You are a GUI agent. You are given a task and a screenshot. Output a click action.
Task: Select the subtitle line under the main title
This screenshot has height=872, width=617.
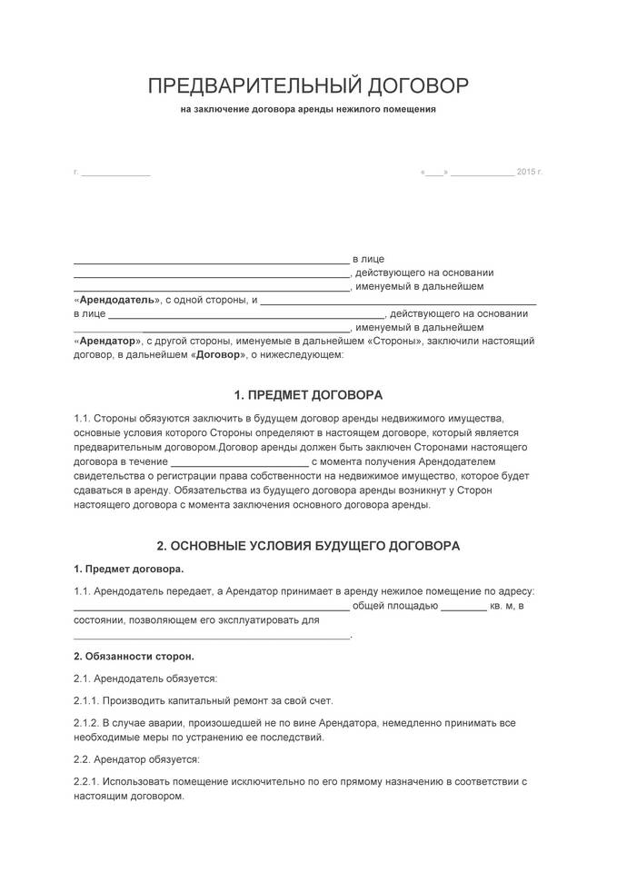tap(308, 110)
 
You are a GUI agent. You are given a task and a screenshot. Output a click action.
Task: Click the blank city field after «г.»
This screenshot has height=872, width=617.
tap(115, 173)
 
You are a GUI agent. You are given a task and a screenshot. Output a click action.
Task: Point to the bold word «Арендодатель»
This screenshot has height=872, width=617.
tap(114, 299)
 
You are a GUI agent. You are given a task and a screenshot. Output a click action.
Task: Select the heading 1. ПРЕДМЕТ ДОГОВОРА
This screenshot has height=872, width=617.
tap(308, 395)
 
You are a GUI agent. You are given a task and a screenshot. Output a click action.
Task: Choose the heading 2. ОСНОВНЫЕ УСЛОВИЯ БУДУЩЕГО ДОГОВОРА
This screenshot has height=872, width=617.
tap(308, 546)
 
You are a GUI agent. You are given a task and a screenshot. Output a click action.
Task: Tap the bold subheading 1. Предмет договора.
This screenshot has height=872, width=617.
tap(128, 569)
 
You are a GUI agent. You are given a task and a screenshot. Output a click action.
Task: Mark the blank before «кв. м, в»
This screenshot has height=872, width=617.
tap(464, 607)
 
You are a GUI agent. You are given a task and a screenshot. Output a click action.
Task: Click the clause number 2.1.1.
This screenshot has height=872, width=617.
tap(86, 700)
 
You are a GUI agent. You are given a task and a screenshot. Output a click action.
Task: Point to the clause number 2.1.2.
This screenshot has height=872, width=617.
tap(86, 723)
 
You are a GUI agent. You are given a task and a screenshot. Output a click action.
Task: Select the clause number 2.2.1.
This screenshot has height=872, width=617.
tap(86, 781)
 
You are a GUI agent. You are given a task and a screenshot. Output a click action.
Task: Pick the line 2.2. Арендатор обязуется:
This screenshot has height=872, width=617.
tap(136, 758)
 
